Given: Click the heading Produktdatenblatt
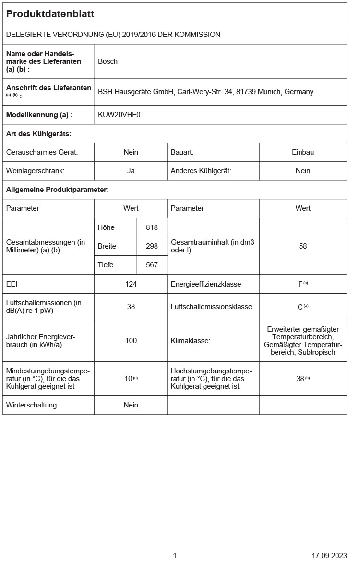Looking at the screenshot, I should coord(50,14).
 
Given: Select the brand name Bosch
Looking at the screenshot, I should coord(108,61).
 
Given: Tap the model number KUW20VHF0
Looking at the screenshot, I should coord(119,115).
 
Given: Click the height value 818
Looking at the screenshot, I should coord(152,227).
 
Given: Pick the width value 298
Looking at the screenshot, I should coord(152,246).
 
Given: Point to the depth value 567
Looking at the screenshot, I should coord(152,265).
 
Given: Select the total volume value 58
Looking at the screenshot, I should coord(303,246).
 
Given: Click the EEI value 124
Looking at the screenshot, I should coord(131,284).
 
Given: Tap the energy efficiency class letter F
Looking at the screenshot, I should coord(300,284).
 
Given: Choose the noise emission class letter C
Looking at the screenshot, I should coord(300,307).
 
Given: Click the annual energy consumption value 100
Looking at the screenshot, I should coord(131,341).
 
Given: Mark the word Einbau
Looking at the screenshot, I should coord(303,152).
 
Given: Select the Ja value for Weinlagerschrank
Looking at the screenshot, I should coord(131,171).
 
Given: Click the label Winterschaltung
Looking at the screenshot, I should coord(31,405).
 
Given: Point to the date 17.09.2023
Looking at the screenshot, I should coord(329,556).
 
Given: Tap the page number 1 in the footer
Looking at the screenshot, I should coord(175,556).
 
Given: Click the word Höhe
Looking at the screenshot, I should coord(106,227).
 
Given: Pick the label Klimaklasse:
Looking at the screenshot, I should coord(191,341).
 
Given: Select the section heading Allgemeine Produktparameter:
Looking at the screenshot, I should coord(58,190).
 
